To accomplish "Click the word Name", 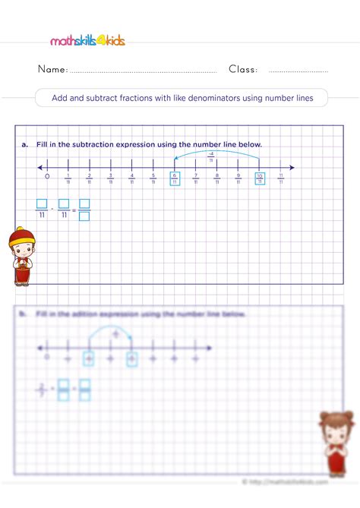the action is click(x=52, y=70).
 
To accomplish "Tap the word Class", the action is click(x=243, y=70).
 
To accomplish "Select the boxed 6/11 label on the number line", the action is click(x=175, y=179).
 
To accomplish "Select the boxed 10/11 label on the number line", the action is click(x=260, y=179).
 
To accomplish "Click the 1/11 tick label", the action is click(x=68, y=179).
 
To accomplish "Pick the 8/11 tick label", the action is click(x=217, y=179).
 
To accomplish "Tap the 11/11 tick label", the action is click(x=281, y=179).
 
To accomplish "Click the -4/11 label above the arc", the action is click(x=211, y=156).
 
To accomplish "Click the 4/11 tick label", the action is click(x=132, y=179).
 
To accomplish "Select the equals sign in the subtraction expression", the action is click(x=74, y=209).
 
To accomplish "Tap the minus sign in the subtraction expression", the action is click(x=52, y=209).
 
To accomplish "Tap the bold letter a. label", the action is click(x=25, y=144).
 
